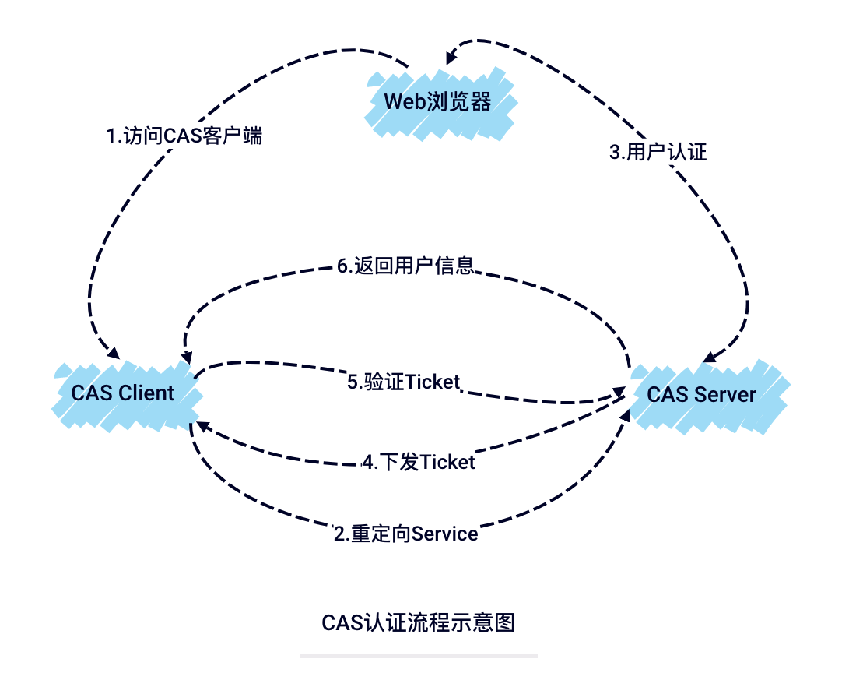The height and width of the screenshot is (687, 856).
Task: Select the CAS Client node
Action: coord(123,393)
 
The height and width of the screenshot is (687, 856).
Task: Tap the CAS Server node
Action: coord(702,394)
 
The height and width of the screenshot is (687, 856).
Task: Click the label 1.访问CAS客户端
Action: coord(184,136)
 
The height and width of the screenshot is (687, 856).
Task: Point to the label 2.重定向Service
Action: coord(405,534)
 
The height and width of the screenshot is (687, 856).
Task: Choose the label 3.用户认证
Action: coord(658,152)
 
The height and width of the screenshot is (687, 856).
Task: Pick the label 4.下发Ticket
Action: coord(418,463)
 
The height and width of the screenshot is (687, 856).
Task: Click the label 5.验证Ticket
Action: coord(404,382)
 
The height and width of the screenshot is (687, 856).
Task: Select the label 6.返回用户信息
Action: coord(405,266)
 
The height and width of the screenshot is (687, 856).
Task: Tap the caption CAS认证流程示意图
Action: coord(419,623)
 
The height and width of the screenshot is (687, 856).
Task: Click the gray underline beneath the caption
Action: coord(419,656)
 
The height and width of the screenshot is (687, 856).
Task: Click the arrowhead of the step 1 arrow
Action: coord(112,354)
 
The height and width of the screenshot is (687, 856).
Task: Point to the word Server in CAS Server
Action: coord(725,394)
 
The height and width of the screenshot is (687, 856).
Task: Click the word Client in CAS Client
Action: coord(146,393)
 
